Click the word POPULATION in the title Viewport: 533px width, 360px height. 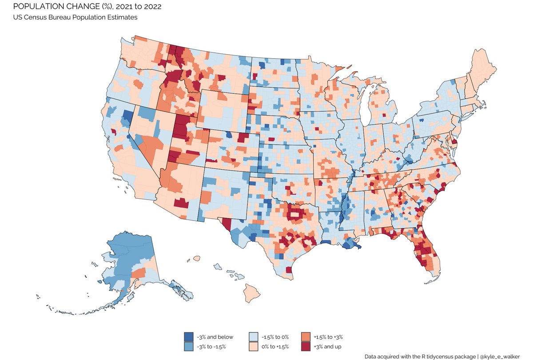(x=31, y=7)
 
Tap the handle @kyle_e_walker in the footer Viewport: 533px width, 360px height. (x=505, y=356)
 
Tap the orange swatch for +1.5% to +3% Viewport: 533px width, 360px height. (x=305, y=336)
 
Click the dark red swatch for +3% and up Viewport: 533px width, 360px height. (x=305, y=346)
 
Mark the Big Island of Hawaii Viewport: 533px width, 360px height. (x=251, y=292)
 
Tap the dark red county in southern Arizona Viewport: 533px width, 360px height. (x=180, y=203)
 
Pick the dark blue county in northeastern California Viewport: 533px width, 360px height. (x=127, y=117)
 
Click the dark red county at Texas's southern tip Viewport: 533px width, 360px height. (x=289, y=270)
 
